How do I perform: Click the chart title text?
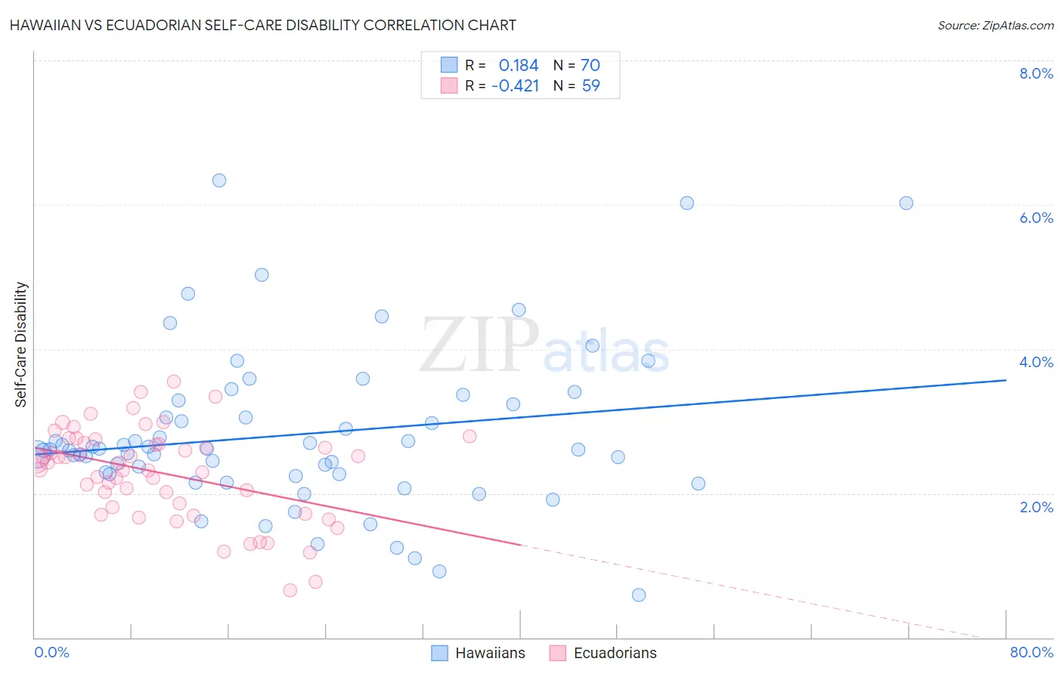263,25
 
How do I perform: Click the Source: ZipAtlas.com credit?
995,25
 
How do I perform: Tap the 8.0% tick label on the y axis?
1036,73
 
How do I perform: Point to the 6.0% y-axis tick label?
1036,218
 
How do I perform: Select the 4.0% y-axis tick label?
1036,362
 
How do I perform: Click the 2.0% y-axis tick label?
1036,507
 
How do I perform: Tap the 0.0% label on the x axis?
51,652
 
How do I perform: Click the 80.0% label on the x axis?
1031,652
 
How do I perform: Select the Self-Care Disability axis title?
21,345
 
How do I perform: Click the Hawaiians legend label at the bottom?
490,653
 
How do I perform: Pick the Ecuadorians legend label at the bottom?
615,653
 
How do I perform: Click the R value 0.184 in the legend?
519,65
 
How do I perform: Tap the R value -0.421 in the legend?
515,85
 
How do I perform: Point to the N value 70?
590,65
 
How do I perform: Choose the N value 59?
590,85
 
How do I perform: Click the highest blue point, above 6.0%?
219,180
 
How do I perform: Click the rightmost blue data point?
906,203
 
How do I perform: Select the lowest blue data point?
639,595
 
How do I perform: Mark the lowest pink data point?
290,590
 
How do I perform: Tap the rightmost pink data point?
470,436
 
